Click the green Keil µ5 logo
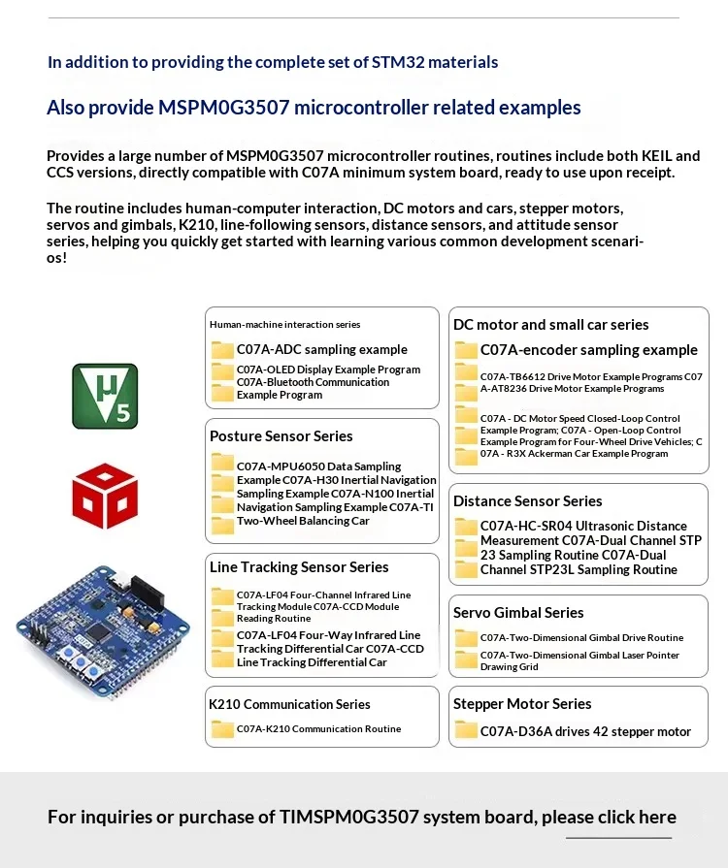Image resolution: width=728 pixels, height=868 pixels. (105, 396)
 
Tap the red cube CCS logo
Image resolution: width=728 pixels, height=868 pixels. (105, 496)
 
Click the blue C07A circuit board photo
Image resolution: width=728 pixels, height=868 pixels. (103, 632)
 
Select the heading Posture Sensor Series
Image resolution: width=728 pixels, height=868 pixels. (281, 436)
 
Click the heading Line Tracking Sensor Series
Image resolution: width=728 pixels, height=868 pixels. (299, 567)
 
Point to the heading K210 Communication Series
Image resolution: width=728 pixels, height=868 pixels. (289, 704)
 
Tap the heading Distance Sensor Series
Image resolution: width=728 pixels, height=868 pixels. (527, 501)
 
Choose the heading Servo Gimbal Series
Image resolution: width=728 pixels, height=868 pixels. (518, 613)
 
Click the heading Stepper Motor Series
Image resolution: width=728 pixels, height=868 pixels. (522, 703)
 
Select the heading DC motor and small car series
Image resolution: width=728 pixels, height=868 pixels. (550, 325)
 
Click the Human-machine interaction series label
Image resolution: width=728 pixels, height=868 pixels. (284, 324)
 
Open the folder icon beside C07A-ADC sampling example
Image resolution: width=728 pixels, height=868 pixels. (222, 350)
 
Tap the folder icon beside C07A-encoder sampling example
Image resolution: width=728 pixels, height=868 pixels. (466, 350)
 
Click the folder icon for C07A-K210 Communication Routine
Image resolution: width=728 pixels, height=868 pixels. (222, 729)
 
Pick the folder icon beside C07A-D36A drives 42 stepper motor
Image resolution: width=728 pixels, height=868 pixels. (466, 730)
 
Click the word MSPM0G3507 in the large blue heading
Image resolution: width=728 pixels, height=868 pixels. (224, 108)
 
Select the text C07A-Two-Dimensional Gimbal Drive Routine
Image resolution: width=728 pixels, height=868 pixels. (581, 638)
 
